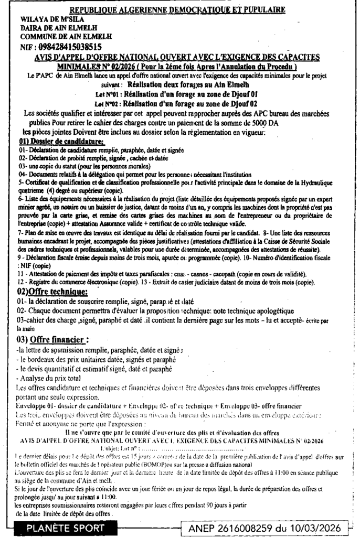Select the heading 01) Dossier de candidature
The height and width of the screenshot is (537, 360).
[x=61, y=142]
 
